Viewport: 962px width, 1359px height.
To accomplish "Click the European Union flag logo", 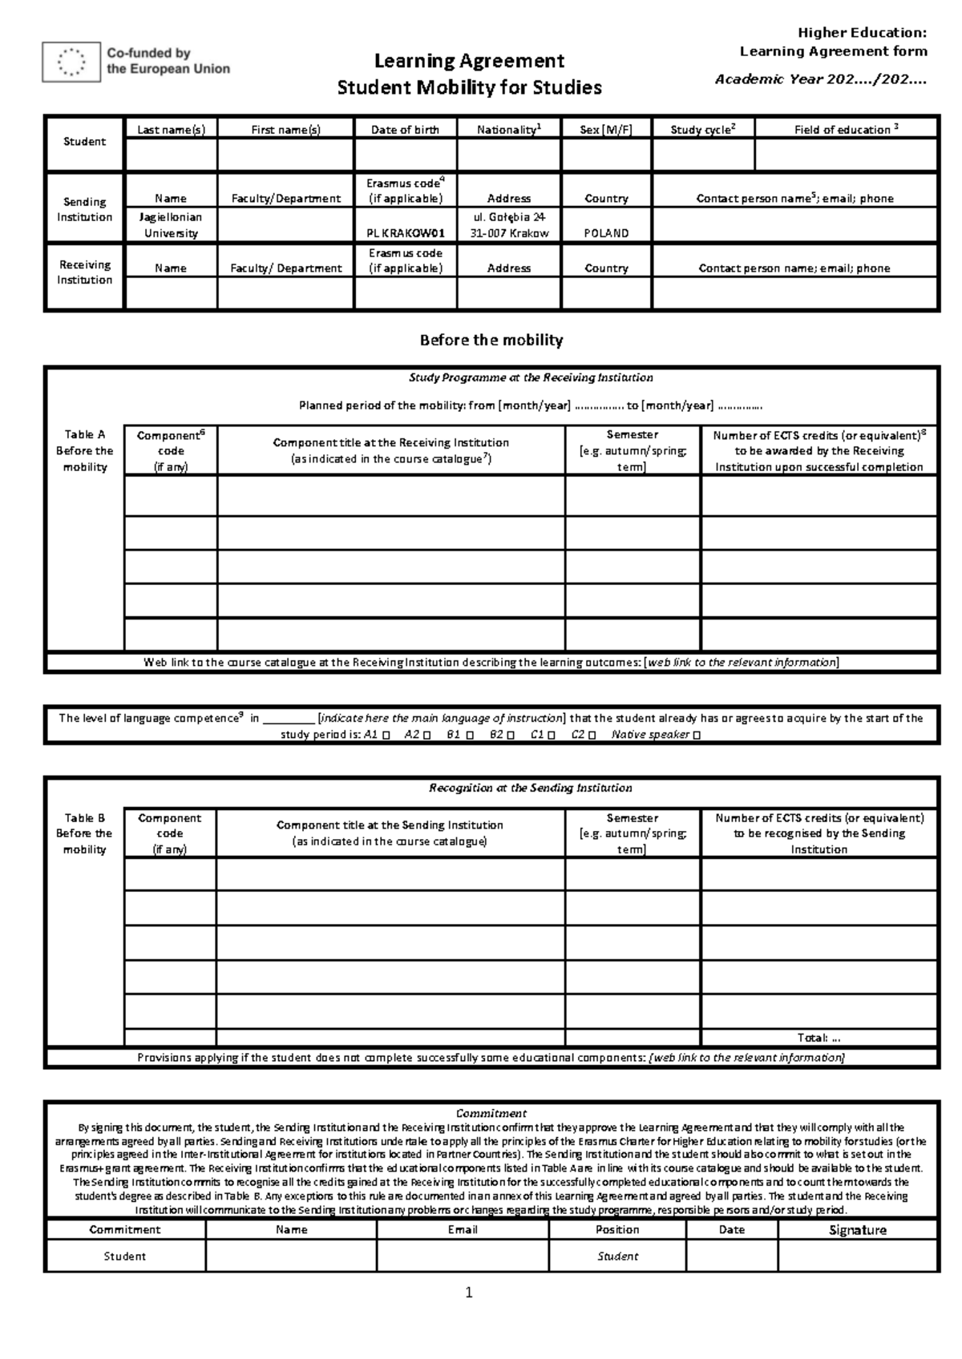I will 71,62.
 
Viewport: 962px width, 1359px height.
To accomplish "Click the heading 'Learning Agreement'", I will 470,61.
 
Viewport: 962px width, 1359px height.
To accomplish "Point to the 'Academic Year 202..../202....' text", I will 821,79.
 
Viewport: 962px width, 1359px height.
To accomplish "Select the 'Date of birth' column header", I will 405,130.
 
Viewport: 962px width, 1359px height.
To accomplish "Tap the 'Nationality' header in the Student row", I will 509,130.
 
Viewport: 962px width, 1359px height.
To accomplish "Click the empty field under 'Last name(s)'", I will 170,154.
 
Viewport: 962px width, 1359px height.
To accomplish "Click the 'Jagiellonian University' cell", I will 170,225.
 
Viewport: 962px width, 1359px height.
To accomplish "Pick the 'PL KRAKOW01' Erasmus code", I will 405,233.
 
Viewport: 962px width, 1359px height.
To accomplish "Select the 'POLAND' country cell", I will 606,233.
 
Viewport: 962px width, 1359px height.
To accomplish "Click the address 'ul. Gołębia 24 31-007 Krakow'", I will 509,225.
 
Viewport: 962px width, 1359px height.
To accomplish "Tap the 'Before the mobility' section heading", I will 491,340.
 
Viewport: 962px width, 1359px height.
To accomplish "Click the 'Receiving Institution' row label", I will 84,272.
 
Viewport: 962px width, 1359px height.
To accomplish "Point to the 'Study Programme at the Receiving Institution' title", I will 531,377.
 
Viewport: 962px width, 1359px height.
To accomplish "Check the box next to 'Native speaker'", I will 696,736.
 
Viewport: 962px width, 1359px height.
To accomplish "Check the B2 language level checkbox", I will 510,736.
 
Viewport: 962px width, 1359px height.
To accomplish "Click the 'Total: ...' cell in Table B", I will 819,1038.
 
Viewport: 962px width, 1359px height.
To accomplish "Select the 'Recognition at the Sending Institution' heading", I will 531,788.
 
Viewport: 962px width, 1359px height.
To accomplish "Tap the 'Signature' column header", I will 857,1230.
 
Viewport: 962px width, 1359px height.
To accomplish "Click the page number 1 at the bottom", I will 470,1292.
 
